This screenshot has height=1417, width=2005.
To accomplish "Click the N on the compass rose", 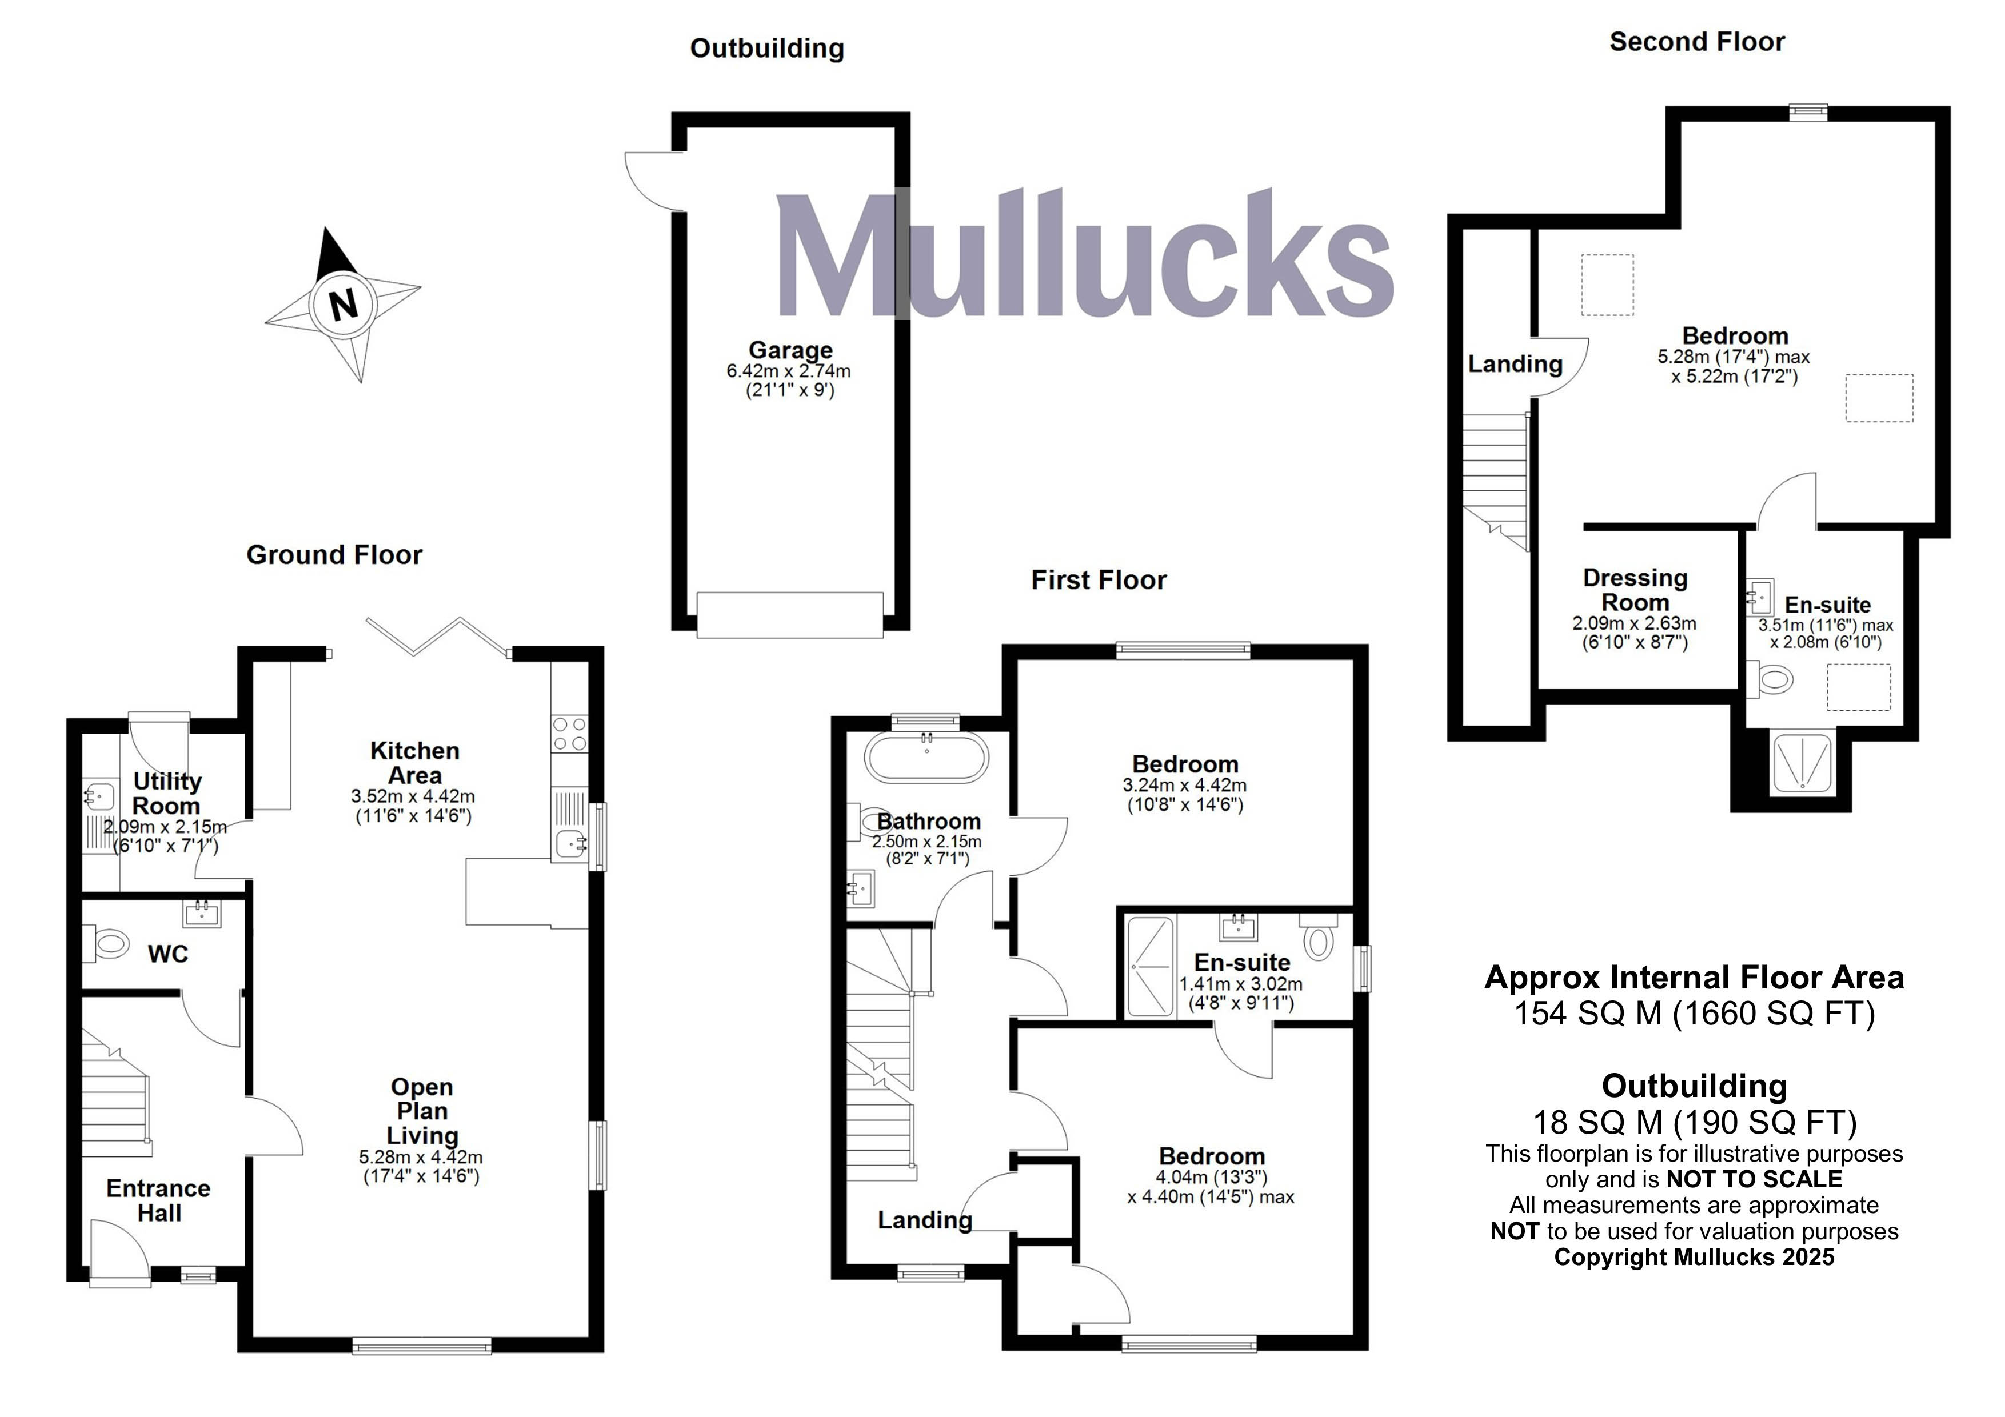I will pos(343,304).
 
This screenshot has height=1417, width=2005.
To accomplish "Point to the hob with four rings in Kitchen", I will pos(569,734).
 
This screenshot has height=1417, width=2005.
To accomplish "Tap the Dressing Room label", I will pos(1635,590).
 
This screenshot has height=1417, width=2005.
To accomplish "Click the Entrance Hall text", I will pos(158,1200).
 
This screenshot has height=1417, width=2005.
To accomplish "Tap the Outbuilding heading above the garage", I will pos(766,48).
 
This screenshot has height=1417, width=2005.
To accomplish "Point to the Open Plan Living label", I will pos(422,1111).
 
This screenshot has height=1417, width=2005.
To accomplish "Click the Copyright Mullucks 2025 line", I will pos(1694,1257).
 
